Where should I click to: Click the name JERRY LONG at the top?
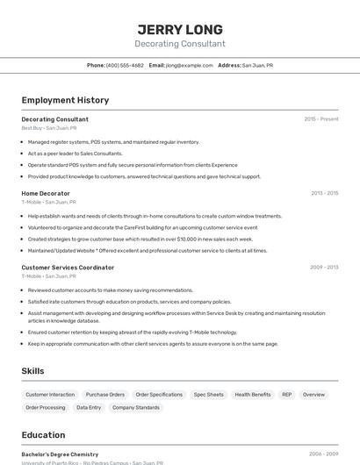coord(180,29)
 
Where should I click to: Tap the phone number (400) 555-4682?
coord(125,65)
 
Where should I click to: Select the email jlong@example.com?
coord(190,65)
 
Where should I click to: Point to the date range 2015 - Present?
coord(321,118)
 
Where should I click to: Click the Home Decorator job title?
coord(46,192)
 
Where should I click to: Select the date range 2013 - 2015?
coord(324,192)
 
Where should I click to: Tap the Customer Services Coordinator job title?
coord(68,267)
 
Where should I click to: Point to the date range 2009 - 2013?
coord(324,267)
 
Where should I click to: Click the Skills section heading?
coord(32,371)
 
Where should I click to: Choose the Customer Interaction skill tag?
coord(50,395)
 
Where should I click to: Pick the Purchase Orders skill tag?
coord(105,395)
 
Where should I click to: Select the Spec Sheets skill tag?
coord(209,395)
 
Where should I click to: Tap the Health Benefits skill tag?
coord(253,395)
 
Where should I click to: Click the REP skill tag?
coord(287,395)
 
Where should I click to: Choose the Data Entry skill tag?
coord(89,408)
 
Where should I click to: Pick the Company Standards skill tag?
coord(136,408)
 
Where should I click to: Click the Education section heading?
coord(43,434)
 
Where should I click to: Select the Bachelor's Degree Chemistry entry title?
coord(60,454)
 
